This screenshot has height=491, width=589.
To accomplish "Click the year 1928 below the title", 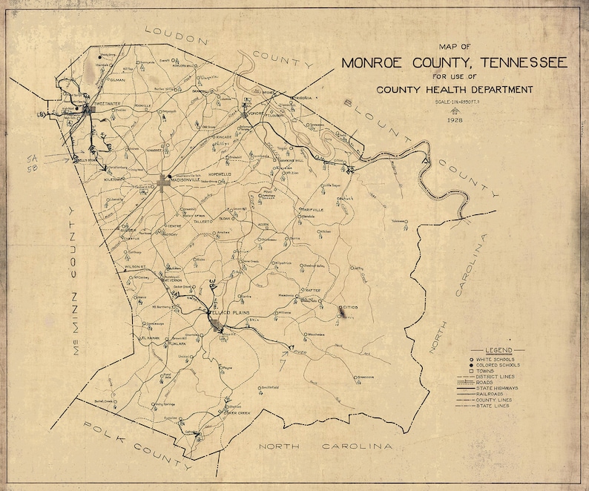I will [x=454, y=119].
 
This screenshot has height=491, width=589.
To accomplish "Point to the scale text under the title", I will [x=454, y=102].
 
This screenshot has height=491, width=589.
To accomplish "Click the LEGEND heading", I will [x=501, y=350].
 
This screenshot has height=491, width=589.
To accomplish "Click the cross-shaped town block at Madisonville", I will [x=164, y=181].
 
